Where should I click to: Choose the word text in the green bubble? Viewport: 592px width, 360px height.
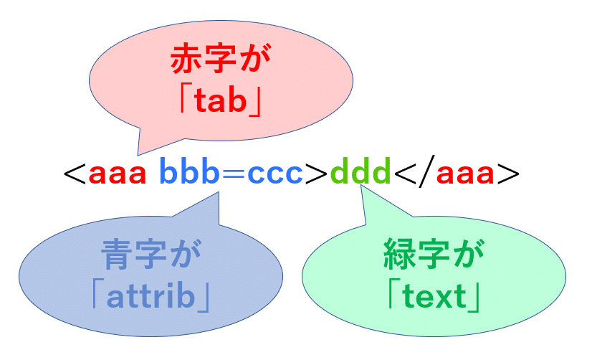click(x=434, y=297)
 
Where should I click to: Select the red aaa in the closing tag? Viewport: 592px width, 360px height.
click(x=467, y=174)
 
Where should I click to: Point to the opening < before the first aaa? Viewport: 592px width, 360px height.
click(x=75, y=175)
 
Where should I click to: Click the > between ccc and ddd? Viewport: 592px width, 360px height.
click(x=317, y=175)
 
